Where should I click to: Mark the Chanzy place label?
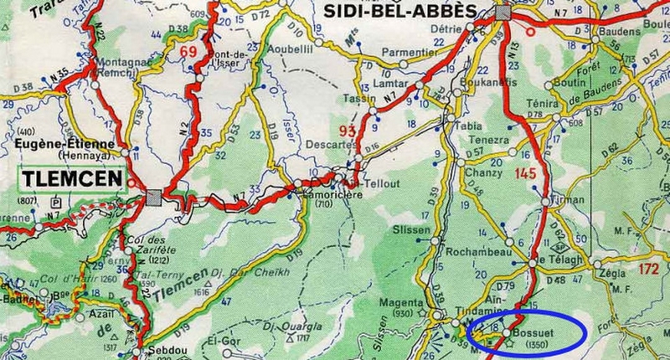pos(479,172)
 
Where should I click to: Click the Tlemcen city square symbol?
pos(154,197)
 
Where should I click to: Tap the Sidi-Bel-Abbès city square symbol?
pos(502,12)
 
